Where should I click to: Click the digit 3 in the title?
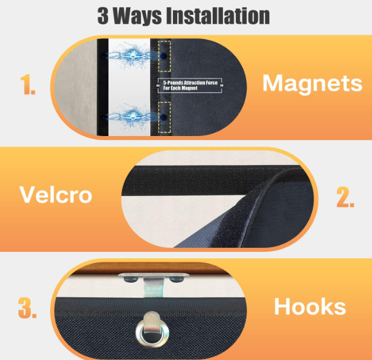103,16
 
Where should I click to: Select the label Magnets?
312,83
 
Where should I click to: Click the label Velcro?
55,194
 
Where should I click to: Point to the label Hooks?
310,307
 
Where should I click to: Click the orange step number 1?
28,84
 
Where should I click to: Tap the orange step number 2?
345,197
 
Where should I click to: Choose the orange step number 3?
27,308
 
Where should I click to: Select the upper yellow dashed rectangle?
165,56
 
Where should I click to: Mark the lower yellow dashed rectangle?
165,118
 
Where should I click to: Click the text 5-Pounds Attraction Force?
190,83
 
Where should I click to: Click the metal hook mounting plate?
153,275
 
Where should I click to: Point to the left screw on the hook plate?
131,279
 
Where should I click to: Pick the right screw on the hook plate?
176,280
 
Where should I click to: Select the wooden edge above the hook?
152,268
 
